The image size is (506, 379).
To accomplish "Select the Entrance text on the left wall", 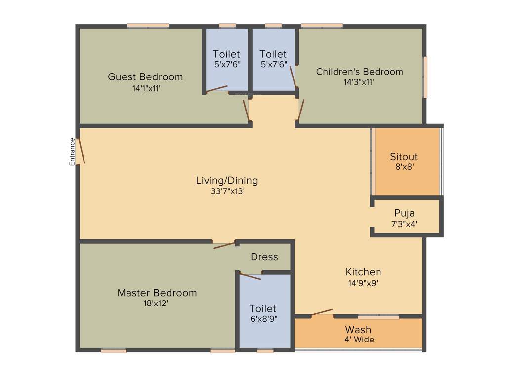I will pos(72,151).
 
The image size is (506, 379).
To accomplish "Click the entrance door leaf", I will pos(82,151).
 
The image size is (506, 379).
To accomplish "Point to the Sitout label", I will pos(404,157).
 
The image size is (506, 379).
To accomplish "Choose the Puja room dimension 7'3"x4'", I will pos(404,223).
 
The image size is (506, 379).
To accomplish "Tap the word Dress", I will pos(264,257).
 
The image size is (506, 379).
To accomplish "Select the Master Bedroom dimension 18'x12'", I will pos(157,303).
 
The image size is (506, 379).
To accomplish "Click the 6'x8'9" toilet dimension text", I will pos(263,319).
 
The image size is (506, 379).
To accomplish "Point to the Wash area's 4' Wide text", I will pos(359,340).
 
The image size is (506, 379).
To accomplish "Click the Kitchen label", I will pos(363,272).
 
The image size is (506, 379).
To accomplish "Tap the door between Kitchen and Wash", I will pos(322,312).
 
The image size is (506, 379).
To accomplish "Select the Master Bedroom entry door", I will pos(224,245).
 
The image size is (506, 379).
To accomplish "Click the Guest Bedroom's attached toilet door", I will pos(216,89).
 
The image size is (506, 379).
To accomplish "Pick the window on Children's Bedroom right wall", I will pos(425,77).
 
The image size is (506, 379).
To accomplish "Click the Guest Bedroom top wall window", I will pos(148,25).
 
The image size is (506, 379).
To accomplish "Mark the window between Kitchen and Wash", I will pos(379,316).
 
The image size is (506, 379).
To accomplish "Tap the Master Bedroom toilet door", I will pos(250,276).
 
